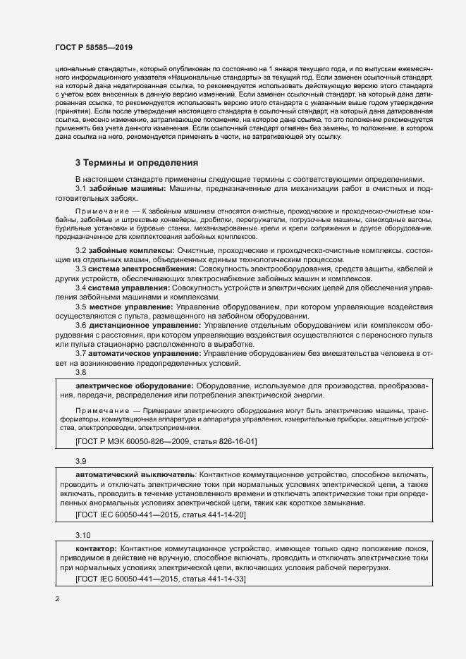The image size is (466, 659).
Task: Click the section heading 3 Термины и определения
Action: pyautogui.click(x=137, y=164)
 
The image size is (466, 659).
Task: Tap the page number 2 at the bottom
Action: pyautogui.click(x=57, y=599)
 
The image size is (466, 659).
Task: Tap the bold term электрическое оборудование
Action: pyautogui.click(x=133, y=387)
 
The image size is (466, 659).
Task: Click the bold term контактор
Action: pyautogui.click(x=96, y=548)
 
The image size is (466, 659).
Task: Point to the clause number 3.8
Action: pyautogui.click(x=80, y=371)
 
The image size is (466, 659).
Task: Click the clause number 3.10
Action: pyautogui.click(x=82, y=534)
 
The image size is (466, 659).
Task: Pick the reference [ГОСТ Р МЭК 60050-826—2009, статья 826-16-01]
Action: pyautogui.click(x=166, y=441)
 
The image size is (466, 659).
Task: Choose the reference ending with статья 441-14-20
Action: pyautogui.click(x=160, y=515)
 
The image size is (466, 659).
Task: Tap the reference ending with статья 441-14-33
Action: pyautogui.click(x=160, y=579)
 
